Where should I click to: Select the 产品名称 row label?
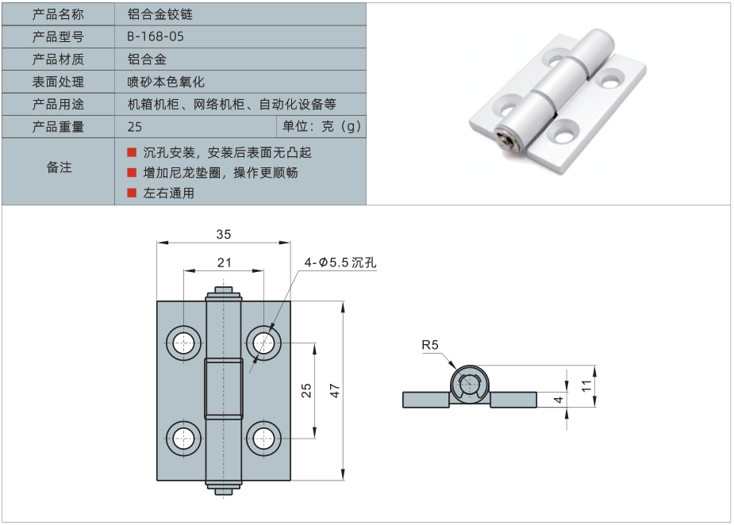(58, 14)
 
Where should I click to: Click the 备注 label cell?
(59, 167)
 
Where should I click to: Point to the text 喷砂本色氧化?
(166, 82)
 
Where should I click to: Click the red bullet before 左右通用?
(132, 192)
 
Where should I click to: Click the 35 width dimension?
(224, 234)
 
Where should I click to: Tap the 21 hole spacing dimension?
(224, 262)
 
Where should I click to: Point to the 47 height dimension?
(334, 390)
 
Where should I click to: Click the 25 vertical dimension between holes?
(306, 390)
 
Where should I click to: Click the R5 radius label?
(429, 345)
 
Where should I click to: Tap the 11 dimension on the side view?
(587, 385)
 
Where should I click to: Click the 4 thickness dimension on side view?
(559, 400)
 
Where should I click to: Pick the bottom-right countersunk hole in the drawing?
(263, 438)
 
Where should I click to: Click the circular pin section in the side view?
(471, 386)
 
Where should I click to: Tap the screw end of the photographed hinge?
(505, 142)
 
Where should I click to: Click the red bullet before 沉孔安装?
(132, 152)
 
